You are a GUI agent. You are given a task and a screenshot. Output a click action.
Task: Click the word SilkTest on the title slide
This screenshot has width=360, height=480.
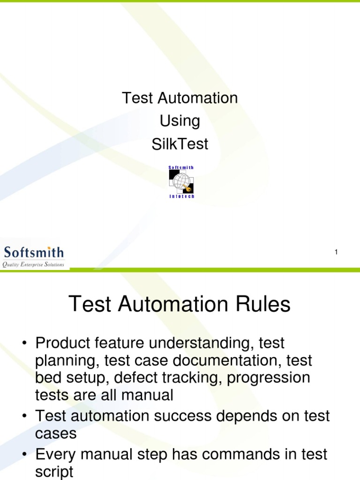[x=180, y=144]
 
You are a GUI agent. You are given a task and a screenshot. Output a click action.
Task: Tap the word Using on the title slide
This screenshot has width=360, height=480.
[x=180, y=121]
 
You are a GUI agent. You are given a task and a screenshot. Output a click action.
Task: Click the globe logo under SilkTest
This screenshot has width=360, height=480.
[x=181, y=182]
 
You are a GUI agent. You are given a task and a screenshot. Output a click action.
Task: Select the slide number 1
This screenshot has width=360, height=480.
[x=336, y=253]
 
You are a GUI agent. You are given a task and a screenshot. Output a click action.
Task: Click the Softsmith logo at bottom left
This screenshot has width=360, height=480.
[x=34, y=254]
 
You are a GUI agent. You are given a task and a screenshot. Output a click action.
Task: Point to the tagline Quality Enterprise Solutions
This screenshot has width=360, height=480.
[x=34, y=265]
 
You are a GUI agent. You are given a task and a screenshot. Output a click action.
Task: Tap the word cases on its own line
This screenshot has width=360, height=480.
[x=56, y=434]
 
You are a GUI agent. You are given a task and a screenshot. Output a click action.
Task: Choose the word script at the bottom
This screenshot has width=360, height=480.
[x=54, y=471]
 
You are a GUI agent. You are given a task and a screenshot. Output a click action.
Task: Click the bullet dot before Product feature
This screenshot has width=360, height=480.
[x=23, y=344]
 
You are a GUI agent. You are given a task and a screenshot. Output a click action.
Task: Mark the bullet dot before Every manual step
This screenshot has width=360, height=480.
[x=23, y=454]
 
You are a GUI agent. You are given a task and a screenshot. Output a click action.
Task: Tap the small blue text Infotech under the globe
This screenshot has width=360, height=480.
[x=181, y=196]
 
